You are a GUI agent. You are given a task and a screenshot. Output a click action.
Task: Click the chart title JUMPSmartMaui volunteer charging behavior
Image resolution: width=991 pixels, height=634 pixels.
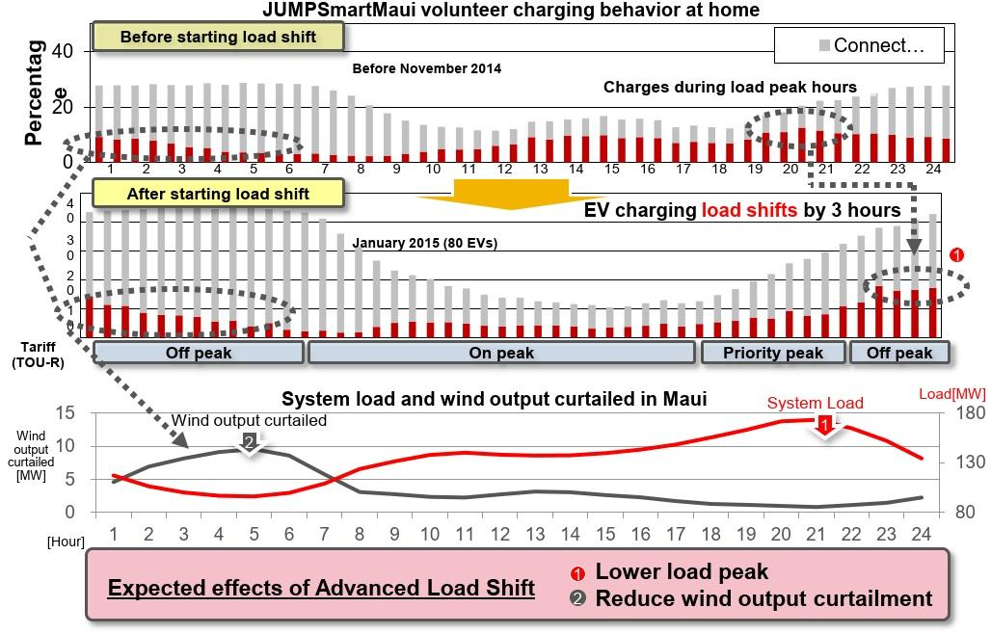point(511,11)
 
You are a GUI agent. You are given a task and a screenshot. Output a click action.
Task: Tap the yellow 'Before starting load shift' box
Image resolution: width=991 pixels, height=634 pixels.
point(218,37)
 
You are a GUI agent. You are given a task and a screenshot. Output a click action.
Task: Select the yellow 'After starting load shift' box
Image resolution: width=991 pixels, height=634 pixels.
point(218,194)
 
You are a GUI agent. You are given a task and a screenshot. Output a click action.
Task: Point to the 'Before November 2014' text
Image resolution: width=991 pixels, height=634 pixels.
point(426,68)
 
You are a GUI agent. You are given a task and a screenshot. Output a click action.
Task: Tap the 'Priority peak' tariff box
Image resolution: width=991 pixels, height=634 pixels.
point(772,353)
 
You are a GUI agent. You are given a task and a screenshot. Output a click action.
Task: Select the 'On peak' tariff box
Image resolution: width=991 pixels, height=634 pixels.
point(501,353)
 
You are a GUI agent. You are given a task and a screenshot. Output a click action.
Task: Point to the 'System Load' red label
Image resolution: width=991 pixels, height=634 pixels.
point(815,403)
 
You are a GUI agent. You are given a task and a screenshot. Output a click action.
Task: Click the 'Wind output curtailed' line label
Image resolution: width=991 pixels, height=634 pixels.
point(249,420)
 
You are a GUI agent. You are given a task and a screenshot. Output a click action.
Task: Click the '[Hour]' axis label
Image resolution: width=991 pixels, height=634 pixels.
point(66,541)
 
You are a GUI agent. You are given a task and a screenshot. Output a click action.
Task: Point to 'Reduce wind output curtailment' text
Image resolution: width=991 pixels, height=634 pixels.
point(763,598)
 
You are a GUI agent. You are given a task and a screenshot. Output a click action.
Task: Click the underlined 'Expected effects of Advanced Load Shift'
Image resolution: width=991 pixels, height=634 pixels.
point(321,588)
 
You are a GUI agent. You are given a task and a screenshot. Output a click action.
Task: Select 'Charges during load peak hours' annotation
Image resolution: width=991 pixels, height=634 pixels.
point(730,87)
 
